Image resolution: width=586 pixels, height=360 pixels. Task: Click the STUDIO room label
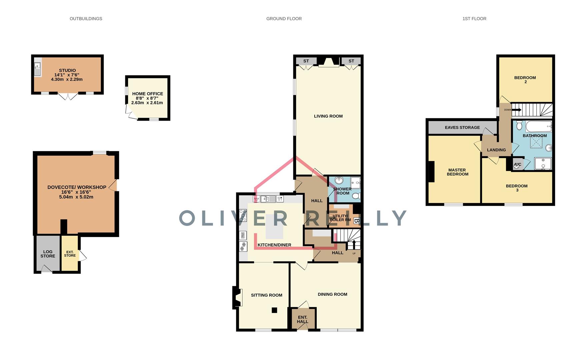coord(67,70)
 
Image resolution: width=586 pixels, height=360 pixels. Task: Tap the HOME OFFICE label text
coord(147,94)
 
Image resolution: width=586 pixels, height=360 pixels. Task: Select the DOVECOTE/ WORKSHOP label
coord(77,187)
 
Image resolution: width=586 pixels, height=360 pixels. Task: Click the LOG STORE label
coord(48,254)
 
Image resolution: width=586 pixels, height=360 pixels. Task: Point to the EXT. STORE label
coord(70,254)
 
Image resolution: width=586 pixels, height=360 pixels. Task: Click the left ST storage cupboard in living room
coord(306,61)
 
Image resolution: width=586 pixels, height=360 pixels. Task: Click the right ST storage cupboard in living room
coord(351,61)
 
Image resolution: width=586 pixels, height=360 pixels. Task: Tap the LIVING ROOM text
coord(328,116)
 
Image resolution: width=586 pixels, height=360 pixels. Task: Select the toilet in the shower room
coord(357,196)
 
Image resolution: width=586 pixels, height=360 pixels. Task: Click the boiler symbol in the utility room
coord(356,221)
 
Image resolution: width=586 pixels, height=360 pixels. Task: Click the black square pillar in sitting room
coord(274,310)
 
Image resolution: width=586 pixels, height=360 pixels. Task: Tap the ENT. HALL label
coord(302,319)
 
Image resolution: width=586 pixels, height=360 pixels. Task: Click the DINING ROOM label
coord(332,294)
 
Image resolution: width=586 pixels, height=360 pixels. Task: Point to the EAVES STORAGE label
coord(462,128)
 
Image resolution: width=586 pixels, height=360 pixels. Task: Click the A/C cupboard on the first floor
coord(517,165)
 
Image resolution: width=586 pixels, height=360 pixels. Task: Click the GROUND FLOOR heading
coord(284,19)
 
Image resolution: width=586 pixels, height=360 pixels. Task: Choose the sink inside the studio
coord(38,69)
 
